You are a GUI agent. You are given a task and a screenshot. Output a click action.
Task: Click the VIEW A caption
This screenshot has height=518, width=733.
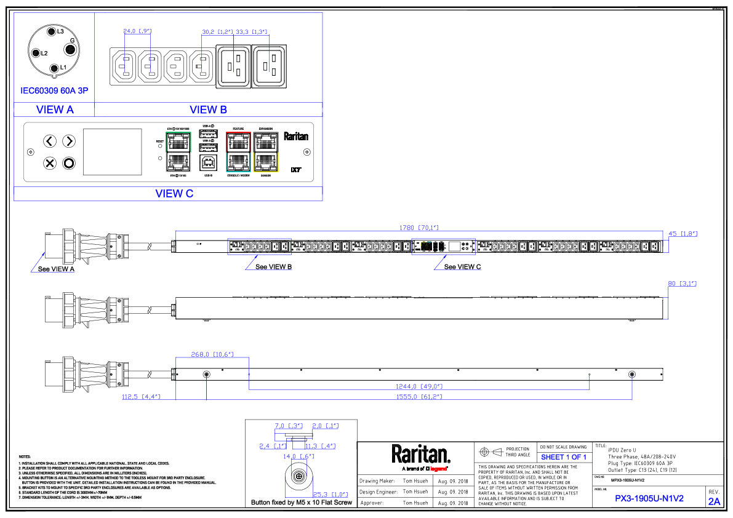point(55,110)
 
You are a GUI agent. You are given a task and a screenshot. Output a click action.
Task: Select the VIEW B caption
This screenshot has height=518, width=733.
point(208,110)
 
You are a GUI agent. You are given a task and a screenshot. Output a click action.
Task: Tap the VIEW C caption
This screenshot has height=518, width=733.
point(174,194)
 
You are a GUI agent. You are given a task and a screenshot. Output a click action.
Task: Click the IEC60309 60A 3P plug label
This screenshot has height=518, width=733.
point(54,90)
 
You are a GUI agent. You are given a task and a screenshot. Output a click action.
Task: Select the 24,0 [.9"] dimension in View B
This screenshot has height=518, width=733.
point(137,31)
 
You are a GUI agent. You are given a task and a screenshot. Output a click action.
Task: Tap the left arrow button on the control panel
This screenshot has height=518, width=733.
point(50,141)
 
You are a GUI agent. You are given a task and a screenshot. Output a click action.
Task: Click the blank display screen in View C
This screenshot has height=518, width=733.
point(112,151)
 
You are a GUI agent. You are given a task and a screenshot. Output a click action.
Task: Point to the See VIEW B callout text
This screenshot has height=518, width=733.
point(273,267)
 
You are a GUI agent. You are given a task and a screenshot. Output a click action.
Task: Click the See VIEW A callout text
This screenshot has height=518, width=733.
point(56,269)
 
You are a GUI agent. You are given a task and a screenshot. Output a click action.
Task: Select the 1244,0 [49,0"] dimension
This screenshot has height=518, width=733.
point(419,386)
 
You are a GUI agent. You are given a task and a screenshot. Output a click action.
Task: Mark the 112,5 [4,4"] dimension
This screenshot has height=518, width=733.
point(141,397)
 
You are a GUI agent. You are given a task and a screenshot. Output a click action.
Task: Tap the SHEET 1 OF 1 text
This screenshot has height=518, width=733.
point(564,457)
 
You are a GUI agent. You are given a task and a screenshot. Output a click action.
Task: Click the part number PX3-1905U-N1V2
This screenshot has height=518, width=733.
point(649,499)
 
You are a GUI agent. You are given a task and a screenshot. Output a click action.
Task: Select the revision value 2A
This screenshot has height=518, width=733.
point(714,501)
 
